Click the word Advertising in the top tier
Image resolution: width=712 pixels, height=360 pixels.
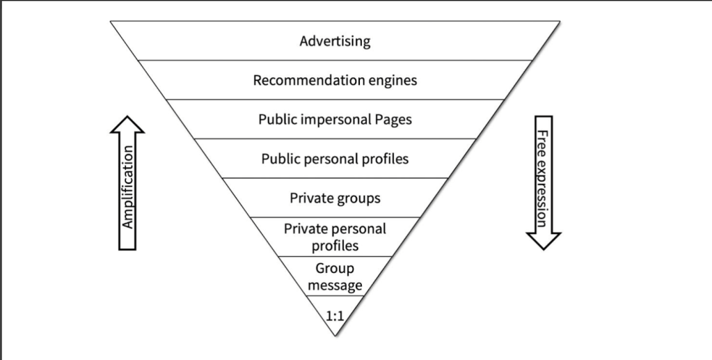click(335, 41)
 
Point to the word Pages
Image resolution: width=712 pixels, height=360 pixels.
click(392, 120)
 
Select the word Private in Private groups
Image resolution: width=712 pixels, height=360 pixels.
click(312, 198)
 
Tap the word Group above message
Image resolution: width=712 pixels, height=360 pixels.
click(335, 269)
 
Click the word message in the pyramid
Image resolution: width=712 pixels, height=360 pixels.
click(335, 285)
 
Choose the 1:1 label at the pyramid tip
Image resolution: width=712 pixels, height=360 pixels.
click(335, 316)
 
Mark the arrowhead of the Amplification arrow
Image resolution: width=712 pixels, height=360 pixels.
click(127, 123)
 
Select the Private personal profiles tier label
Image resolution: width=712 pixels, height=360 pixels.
click(335, 237)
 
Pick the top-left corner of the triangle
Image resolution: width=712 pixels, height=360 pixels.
click(111, 21)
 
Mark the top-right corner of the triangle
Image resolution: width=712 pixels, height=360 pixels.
click(560, 21)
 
